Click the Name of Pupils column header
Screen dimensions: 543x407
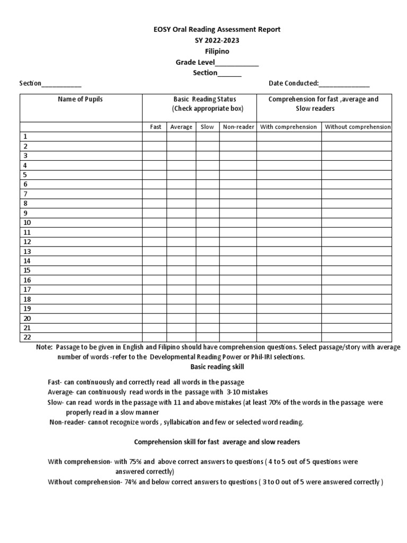pos(81,99)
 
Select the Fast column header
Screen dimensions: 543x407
pos(155,127)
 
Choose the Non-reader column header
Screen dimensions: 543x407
pos(238,127)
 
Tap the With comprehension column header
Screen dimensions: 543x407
pos(289,127)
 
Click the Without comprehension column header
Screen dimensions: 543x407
pos(357,127)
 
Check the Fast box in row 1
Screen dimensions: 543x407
pos(155,137)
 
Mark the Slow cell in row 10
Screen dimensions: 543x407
pos(207,223)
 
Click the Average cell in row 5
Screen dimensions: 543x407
pos(181,175)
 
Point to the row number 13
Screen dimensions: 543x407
pos(27,251)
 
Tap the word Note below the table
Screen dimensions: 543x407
pos(44,347)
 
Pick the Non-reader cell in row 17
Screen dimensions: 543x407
pos(238,290)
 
